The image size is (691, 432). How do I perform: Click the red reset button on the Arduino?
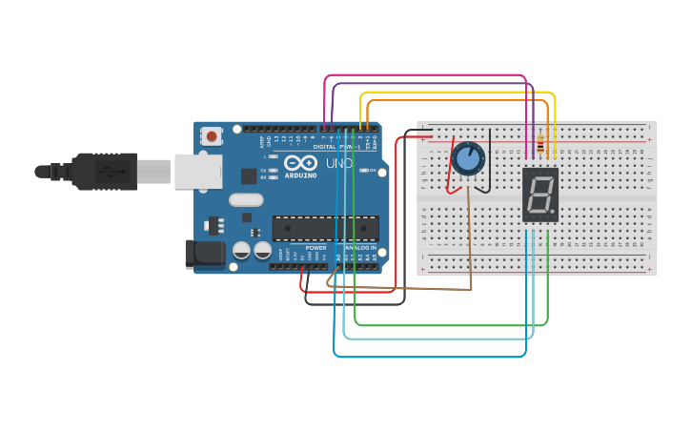tap(212, 136)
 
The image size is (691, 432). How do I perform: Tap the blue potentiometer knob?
tap(468, 157)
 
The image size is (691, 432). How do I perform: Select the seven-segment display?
tap(540, 195)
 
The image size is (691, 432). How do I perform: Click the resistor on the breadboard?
tap(540, 145)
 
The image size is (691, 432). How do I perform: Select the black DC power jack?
tap(203, 253)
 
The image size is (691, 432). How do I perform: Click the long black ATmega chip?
tap(325, 228)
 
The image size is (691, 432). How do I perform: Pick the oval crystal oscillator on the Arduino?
tap(245, 200)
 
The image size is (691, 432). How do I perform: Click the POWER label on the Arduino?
tap(315, 248)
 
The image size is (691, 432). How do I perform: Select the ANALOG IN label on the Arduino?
tap(360, 248)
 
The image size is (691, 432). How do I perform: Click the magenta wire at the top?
tap(429, 75)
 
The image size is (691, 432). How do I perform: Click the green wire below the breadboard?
tap(448, 325)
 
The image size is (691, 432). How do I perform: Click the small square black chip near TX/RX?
tap(249, 175)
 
